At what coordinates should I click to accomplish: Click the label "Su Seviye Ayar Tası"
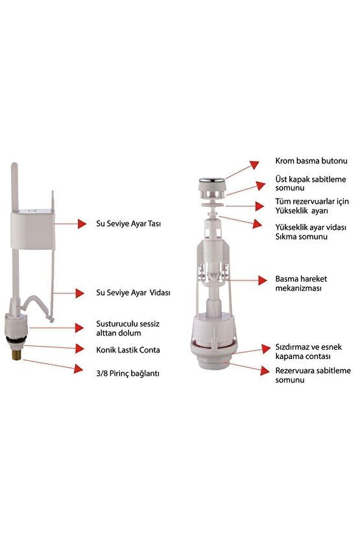point(128,223)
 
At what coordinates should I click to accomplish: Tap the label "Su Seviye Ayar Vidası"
point(133,293)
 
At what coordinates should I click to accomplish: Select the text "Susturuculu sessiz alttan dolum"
point(128,328)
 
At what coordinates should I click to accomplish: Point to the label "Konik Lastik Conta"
point(128,350)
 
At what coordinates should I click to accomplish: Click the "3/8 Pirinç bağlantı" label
point(128,373)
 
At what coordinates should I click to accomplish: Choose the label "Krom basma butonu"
point(311,161)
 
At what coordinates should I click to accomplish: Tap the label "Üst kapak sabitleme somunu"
point(311,184)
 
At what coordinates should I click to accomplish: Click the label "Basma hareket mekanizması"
point(301,284)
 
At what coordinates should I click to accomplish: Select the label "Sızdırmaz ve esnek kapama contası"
point(308,352)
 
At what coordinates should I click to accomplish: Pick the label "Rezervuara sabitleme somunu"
point(313,375)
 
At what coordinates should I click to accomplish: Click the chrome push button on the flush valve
point(212,180)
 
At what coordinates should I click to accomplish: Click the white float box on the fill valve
point(32,230)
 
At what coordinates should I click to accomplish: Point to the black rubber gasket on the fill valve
point(16,341)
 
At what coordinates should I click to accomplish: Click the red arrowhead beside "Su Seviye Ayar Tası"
point(82,223)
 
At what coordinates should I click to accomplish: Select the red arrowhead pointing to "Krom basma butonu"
point(255,164)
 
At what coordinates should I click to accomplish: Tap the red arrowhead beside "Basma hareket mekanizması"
point(263,280)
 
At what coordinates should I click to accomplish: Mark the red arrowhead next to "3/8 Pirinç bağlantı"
point(78,369)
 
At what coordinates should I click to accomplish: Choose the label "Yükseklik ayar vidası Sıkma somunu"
point(311,232)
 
